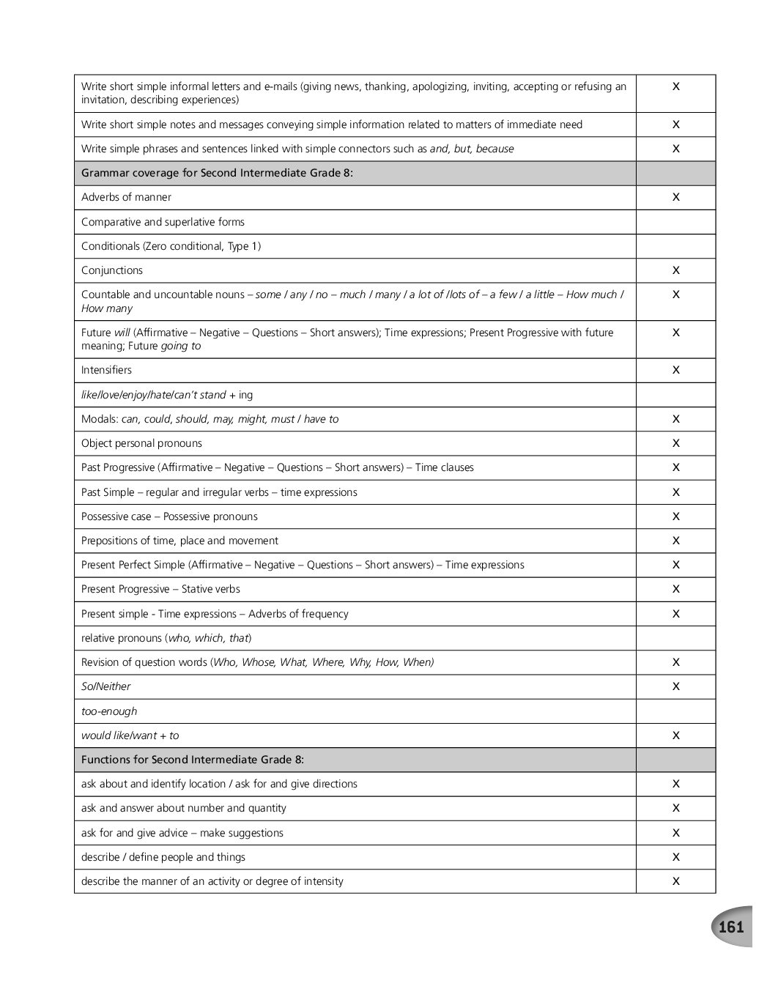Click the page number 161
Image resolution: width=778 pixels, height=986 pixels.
[730, 927]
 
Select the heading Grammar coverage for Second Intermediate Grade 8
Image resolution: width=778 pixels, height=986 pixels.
[217, 173]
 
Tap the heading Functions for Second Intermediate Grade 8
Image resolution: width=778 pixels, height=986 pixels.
[193, 760]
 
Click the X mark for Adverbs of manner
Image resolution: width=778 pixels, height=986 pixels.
[675, 197]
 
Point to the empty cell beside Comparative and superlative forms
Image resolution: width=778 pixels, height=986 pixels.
[675, 222]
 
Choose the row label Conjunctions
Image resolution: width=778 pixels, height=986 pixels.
[112, 270]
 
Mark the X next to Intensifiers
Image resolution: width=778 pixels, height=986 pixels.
[675, 370]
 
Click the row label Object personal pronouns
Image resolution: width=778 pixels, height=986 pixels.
[141, 443]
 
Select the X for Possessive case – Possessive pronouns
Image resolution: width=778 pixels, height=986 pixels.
[675, 516]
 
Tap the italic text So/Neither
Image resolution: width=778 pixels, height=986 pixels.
[106, 686]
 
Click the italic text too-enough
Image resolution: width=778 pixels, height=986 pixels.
[109, 711]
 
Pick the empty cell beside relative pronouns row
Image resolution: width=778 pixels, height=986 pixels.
[675, 638]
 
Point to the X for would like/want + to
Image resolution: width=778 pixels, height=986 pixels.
[675, 735]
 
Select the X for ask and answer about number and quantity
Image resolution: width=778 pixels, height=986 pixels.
[675, 808]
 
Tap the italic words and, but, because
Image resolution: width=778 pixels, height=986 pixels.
[472, 149]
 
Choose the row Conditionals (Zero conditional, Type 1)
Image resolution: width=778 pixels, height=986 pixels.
[171, 246]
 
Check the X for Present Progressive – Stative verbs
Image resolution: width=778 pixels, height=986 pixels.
[675, 589]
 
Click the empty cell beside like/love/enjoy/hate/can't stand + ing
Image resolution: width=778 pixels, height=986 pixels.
[675, 395]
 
